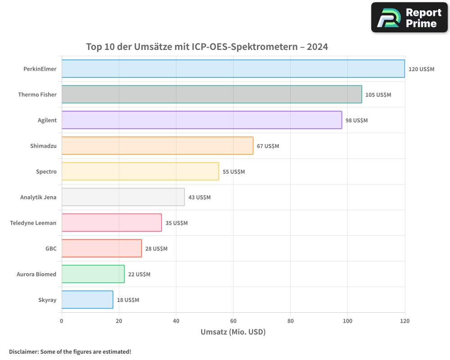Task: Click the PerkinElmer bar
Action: tap(233, 69)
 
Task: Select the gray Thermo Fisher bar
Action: tap(211, 94)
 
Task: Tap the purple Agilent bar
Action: tap(202, 120)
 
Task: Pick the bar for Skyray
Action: tap(87, 300)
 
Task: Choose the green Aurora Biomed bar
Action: tap(93, 274)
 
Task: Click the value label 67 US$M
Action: tap(268, 146)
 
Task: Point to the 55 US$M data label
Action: tap(234, 172)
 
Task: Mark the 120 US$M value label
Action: tap(421, 69)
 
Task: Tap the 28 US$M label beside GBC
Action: tap(156, 249)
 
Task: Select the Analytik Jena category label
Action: tap(38, 198)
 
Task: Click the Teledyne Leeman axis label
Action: tap(33, 223)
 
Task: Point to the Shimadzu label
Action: tap(43, 146)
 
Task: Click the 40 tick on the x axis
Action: tap(176, 321)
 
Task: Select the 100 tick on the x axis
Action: tap(347, 321)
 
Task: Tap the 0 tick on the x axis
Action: tap(62, 321)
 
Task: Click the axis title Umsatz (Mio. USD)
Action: tap(233, 332)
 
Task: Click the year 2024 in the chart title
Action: tap(317, 47)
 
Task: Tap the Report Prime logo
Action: tap(409, 18)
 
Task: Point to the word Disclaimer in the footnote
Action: tap(23, 351)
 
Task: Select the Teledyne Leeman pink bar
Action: tap(112, 223)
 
